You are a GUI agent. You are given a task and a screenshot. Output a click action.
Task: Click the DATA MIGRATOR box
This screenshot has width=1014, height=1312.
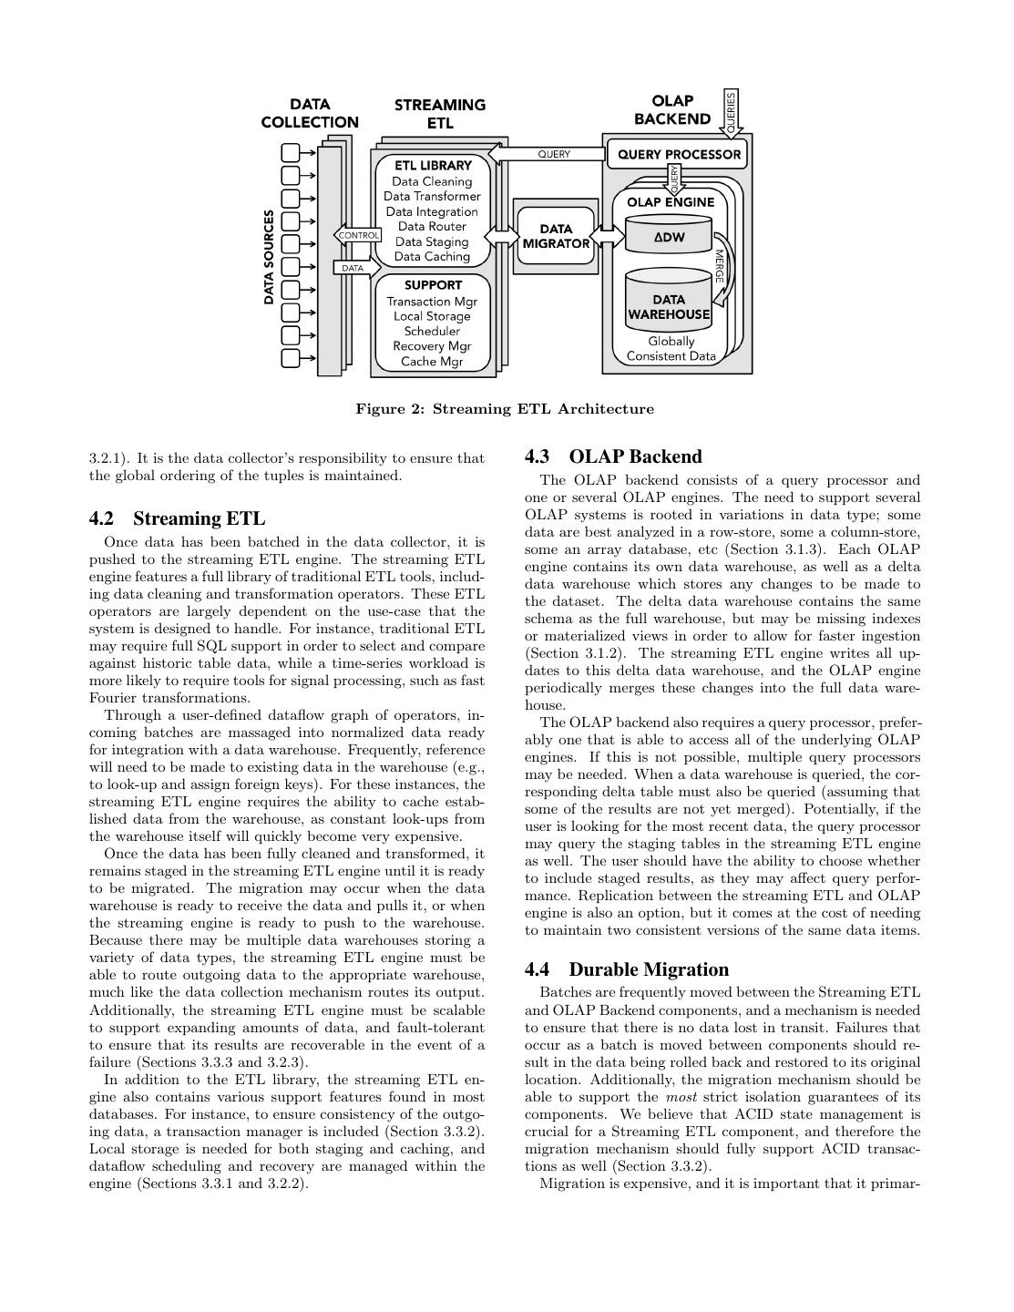(555, 236)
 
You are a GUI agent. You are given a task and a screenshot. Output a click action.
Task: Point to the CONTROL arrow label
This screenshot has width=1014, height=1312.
(358, 235)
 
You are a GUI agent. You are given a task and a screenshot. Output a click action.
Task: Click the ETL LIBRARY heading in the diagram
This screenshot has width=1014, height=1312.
(433, 166)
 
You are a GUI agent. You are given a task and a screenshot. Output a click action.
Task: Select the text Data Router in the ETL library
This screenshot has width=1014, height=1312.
(432, 227)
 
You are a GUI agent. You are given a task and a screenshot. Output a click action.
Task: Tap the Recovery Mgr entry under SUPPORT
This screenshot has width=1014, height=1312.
(432, 346)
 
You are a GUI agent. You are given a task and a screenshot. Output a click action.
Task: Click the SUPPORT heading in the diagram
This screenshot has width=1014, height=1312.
(433, 285)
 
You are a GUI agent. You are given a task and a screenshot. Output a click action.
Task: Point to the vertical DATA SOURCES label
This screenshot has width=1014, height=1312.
(270, 257)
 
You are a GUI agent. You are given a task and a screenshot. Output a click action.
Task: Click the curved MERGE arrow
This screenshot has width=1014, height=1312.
(720, 273)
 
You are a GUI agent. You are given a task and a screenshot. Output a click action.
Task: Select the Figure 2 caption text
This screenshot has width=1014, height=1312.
(505, 409)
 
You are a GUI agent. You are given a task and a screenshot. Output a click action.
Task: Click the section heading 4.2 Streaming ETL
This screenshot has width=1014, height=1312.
(177, 518)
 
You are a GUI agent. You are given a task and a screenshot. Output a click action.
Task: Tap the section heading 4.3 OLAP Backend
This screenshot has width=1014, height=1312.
(613, 456)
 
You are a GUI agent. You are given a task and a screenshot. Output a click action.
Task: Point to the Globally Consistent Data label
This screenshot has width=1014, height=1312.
(671, 349)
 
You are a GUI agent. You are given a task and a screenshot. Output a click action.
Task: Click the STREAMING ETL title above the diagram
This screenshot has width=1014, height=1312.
(440, 114)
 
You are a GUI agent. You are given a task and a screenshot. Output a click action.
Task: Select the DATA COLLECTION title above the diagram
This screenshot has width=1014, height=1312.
(310, 113)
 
